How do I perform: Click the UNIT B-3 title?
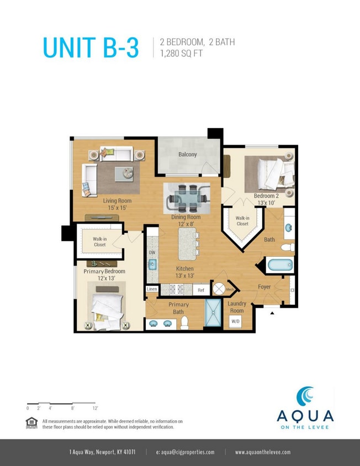tap(91, 48)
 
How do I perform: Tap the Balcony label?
tap(187, 155)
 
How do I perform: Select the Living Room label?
tap(117, 204)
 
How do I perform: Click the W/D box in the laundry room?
tap(235, 321)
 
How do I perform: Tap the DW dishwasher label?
tap(152, 252)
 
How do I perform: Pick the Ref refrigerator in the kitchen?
tap(201, 289)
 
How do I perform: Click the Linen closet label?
tap(151, 289)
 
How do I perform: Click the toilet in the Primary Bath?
tap(184, 322)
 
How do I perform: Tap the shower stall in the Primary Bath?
tap(212, 314)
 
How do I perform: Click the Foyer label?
tap(264, 287)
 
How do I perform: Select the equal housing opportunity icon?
tap(31, 422)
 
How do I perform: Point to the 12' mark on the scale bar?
tap(95, 408)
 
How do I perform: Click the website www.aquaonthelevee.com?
tap(263, 452)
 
